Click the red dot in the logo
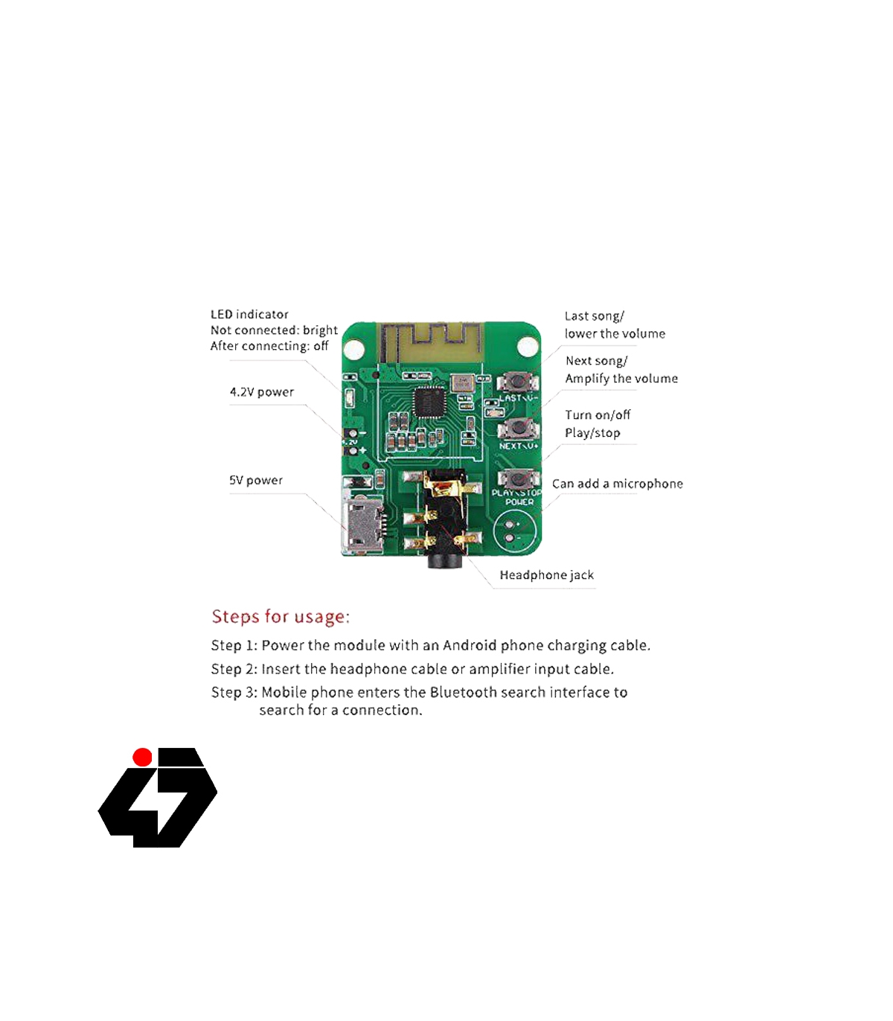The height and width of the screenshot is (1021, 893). [142, 757]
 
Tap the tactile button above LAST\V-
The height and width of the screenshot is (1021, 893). [518, 383]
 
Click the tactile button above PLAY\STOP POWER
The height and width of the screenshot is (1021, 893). [519, 479]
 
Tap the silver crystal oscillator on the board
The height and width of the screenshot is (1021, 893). [462, 383]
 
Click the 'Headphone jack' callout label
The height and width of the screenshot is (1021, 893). [547, 575]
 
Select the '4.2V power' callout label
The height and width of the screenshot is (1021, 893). [262, 391]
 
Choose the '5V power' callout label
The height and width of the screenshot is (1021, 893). [256, 480]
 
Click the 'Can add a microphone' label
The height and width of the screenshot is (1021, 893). [617, 484]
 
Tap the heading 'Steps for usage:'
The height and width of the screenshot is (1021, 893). [281, 616]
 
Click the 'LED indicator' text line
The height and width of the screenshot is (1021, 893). [249, 314]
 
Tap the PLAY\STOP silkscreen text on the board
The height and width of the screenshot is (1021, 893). [516, 493]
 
